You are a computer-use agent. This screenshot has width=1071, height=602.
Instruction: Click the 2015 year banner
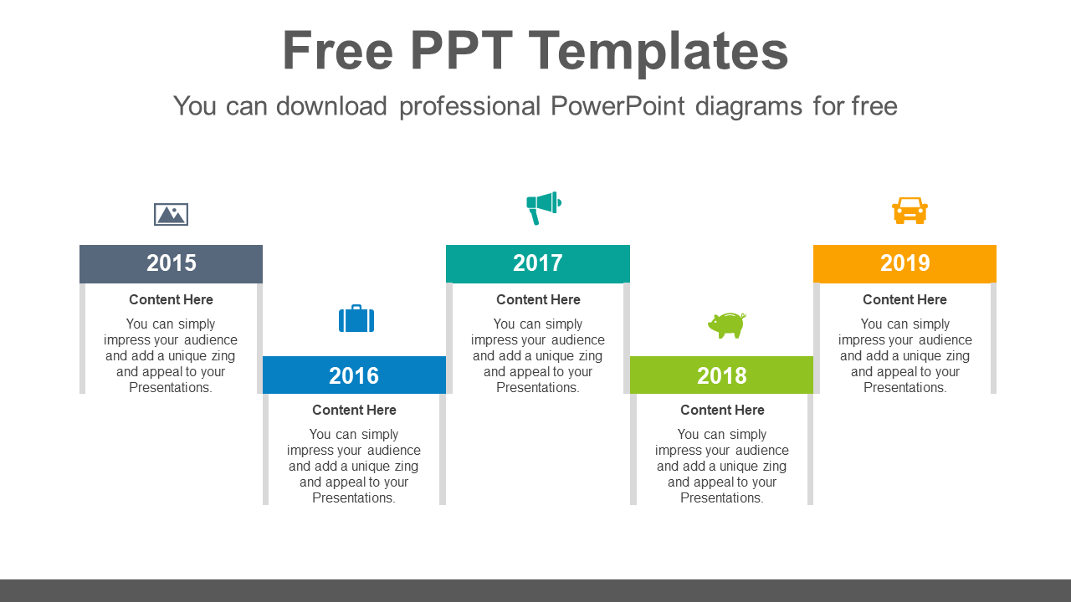point(171,263)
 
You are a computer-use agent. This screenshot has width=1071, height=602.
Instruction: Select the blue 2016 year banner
point(354,375)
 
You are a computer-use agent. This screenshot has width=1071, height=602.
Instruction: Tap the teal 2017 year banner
point(537,263)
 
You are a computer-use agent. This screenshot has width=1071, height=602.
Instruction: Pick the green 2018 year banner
point(721,375)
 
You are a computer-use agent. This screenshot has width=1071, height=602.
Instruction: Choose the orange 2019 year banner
point(904,263)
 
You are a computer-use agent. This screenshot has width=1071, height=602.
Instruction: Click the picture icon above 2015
point(171,215)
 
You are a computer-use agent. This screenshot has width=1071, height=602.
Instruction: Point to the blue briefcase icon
point(356,319)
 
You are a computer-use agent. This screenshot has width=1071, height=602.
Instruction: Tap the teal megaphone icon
point(543,207)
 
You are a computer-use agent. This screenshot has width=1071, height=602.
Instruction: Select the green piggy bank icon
point(726,324)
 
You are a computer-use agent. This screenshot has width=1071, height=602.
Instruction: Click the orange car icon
point(910,211)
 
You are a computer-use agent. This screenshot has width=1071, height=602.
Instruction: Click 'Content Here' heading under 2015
point(171,299)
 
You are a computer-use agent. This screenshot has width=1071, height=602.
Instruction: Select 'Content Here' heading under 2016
point(354,410)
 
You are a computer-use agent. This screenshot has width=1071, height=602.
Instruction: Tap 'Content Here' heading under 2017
point(538,299)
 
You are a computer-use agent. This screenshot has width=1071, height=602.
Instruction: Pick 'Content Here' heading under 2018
point(722,410)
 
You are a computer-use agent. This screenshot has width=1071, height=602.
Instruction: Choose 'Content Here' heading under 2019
point(904,299)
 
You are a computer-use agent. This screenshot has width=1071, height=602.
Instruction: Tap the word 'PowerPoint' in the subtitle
point(617,106)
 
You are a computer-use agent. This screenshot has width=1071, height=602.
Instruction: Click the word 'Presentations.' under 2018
point(722,497)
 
